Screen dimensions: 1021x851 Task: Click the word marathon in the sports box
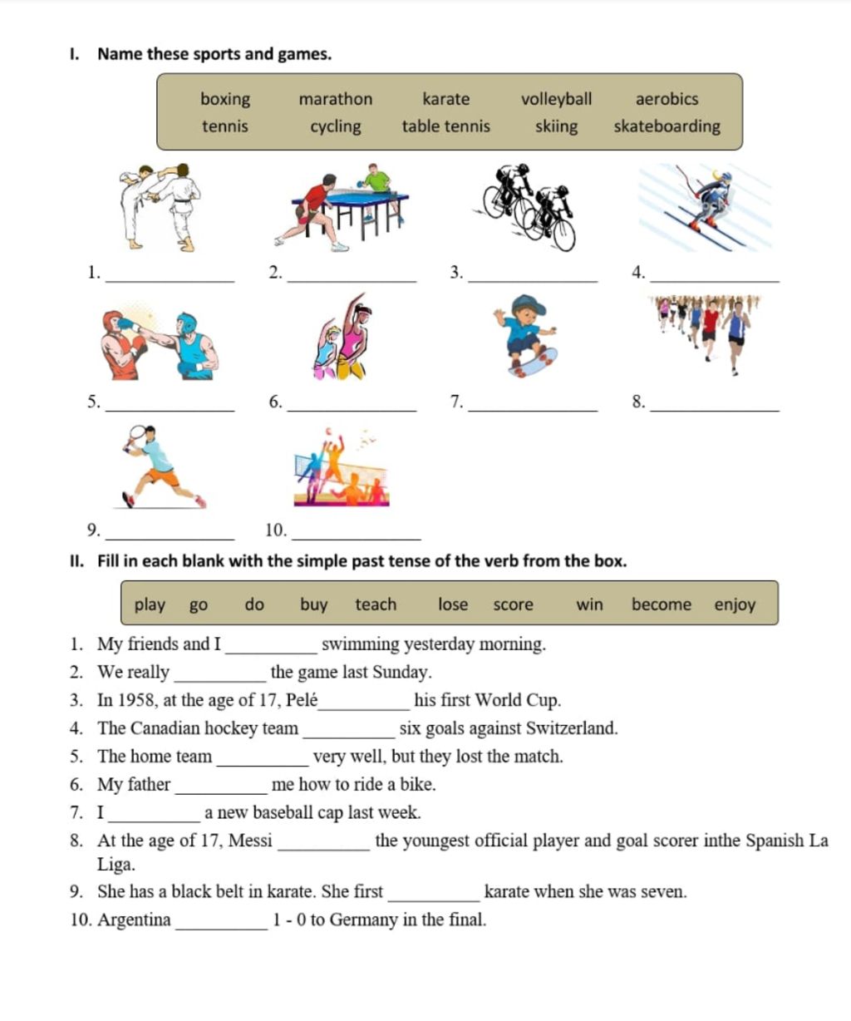tap(336, 99)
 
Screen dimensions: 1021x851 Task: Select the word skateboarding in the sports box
tap(667, 126)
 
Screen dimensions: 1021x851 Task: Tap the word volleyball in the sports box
tap(556, 99)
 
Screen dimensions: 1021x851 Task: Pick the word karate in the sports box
tap(445, 99)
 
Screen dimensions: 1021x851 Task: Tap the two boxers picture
tap(159, 344)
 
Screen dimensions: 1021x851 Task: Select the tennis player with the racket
tap(160, 466)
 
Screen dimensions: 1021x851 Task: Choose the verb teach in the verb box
tap(376, 604)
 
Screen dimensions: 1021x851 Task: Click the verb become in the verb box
tap(661, 604)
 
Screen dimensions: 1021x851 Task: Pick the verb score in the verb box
tap(513, 604)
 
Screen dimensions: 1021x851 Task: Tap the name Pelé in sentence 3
tap(302, 700)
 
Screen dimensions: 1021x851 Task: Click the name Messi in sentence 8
tap(250, 841)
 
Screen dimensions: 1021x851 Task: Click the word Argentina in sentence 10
tap(135, 920)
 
